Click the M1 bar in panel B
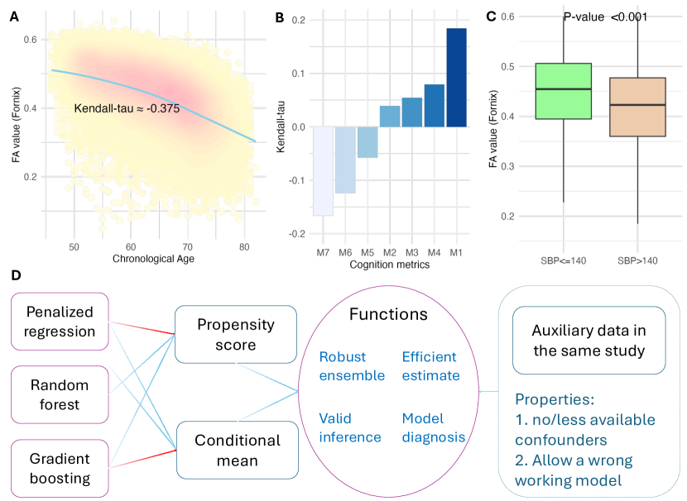pyautogui.click(x=457, y=78)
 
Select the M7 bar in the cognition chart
pyautogui.click(x=323, y=171)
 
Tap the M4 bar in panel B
pyautogui.click(x=435, y=106)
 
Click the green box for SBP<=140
pyautogui.click(x=564, y=91)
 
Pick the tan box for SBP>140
pyautogui.click(x=637, y=107)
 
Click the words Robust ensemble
pyautogui.click(x=353, y=365)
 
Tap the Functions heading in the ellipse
pyautogui.click(x=388, y=314)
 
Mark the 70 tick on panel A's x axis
pyautogui.click(x=187, y=247)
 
